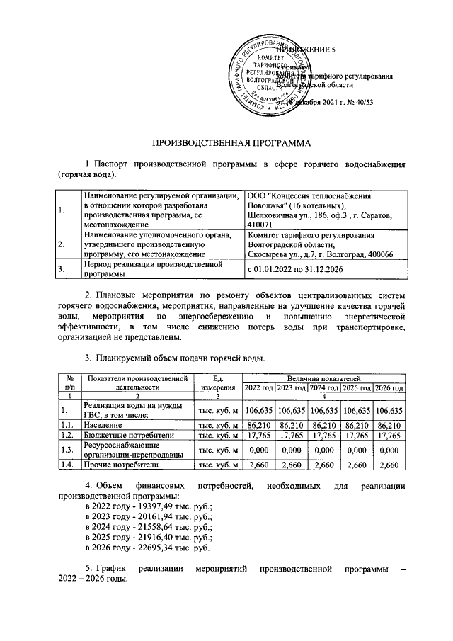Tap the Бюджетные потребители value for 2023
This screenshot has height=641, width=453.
[291, 435]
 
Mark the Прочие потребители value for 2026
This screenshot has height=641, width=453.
[389, 465]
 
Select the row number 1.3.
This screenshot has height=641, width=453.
[68, 450]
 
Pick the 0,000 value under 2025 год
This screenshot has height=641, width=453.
[357, 450]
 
